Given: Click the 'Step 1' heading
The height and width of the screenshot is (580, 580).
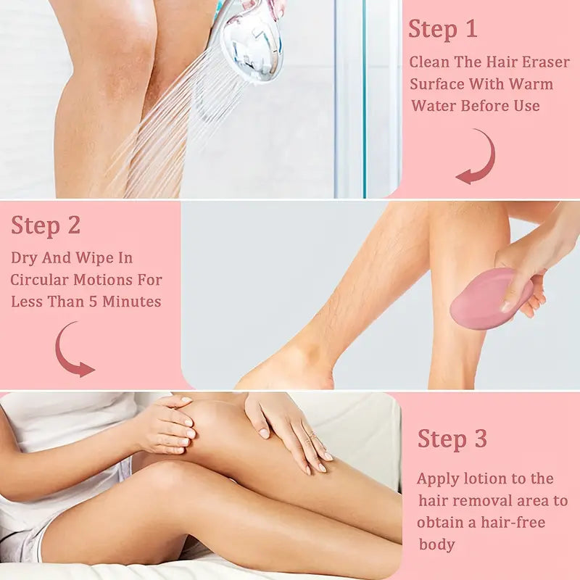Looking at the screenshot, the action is (x=443, y=30).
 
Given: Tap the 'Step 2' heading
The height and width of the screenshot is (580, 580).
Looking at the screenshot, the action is (x=46, y=225).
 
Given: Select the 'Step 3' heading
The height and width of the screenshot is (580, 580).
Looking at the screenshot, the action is (x=452, y=439).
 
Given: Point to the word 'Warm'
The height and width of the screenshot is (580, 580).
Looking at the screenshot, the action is (x=531, y=84).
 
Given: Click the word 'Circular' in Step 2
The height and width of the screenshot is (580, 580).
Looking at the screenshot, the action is (x=39, y=280).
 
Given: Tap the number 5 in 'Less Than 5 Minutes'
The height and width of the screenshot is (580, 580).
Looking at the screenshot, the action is (x=94, y=302).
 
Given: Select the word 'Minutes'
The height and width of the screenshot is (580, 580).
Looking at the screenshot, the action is (x=131, y=302).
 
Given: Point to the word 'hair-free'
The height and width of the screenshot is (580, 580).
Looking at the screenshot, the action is (x=513, y=522).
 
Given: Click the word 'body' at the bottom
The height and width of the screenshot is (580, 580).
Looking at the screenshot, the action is (x=436, y=545).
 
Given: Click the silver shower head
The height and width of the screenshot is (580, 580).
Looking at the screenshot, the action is (x=252, y=40).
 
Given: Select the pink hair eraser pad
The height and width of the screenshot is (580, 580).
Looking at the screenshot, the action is (x=491, y=299).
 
